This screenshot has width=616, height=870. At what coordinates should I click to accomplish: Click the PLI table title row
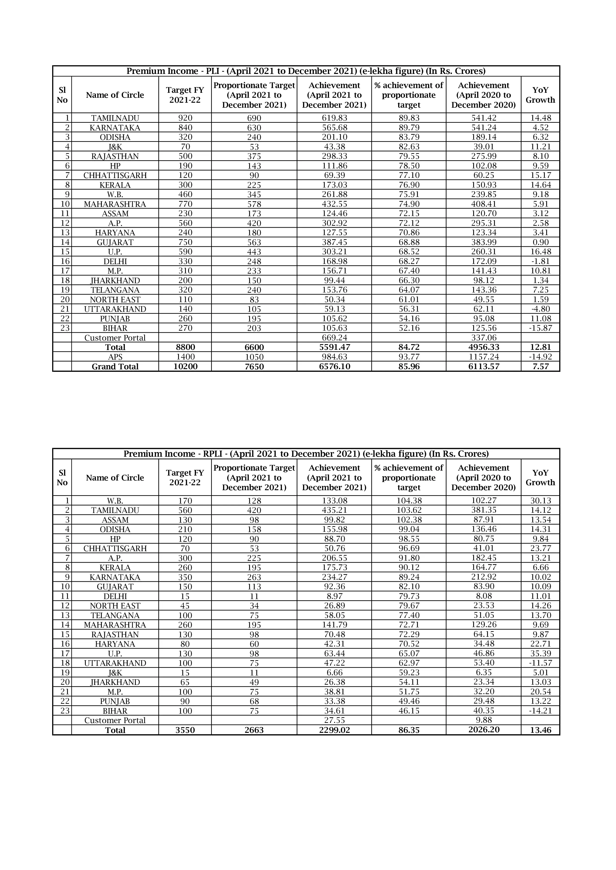[x=306, y=71]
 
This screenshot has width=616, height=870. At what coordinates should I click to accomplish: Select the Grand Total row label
[x=115, y=366]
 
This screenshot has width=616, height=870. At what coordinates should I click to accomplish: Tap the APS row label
[x=115, y=357]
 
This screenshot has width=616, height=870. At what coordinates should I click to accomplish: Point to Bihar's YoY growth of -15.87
[x=540, y=328]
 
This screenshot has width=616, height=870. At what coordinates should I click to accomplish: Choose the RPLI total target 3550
[x=185, y=730]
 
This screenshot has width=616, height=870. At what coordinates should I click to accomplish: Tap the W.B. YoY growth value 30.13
[x=540, y=501]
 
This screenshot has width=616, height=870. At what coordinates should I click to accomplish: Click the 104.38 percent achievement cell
[x=409, y=501]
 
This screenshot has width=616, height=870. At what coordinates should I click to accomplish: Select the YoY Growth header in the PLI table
[x=540, y=95]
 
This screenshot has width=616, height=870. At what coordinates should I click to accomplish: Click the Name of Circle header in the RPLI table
[x=115, y=478]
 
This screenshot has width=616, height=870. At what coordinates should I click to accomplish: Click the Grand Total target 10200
[x=185, y=366]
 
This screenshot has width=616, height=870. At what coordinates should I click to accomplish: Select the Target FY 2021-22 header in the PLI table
[x=185, y=95]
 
